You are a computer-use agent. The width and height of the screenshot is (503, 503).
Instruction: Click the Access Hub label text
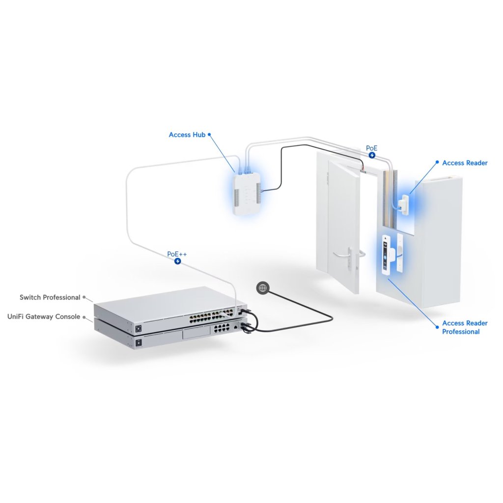tap(187, 135)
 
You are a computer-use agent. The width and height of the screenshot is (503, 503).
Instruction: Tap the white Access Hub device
tap(248, 193)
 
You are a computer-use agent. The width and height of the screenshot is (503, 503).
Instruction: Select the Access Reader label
tap(465, 163)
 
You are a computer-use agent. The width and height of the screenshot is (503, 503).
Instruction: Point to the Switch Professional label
tap(50, 297)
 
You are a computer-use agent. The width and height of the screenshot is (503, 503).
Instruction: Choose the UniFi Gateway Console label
tap(44, 317)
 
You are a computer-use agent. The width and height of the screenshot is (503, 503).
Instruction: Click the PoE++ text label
tap(177, 254)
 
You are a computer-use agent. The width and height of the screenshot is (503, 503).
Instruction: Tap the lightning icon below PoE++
tap(177, 262)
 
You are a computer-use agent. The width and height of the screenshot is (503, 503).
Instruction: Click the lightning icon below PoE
tap(372, 155)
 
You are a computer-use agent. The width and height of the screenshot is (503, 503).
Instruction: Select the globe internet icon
tap(262, 288)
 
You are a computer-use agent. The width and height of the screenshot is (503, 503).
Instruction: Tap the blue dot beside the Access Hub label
tap(210, 134)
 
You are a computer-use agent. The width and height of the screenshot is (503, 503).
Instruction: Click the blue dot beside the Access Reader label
tap(437, 162)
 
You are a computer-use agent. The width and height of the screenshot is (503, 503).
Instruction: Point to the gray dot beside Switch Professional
tap(84, 297)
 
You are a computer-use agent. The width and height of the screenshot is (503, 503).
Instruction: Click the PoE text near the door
tap(372, 148)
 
